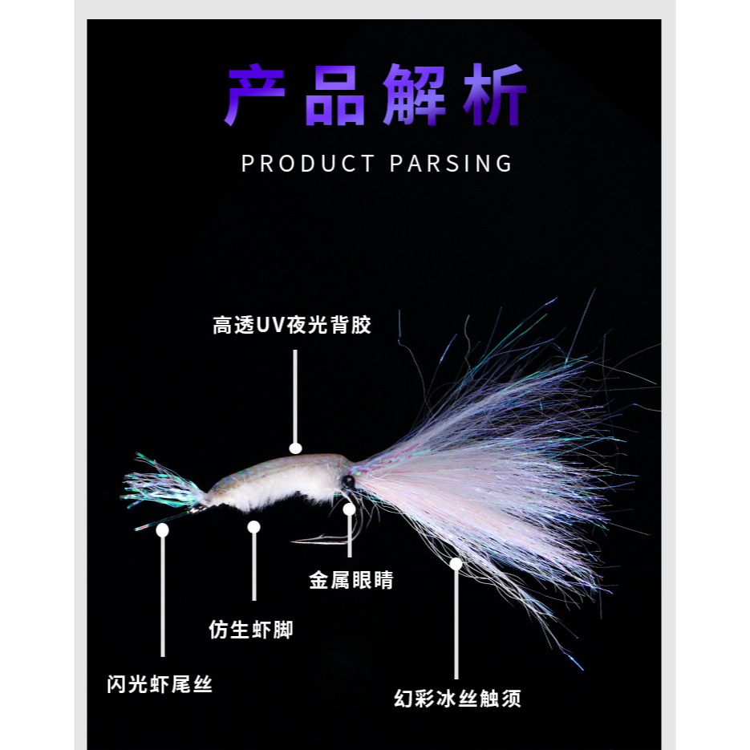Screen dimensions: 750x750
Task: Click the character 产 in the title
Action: tap(255, 95)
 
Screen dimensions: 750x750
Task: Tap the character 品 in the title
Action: tap(334, 95)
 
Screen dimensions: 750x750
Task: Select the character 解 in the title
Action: tap(414, 95)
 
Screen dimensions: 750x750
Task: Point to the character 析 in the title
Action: tap(495, 95)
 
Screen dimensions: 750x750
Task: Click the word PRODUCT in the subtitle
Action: tap(308, 164)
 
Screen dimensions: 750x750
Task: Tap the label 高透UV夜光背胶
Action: tap(293, 325)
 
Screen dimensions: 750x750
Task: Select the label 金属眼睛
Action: tap(351, 579)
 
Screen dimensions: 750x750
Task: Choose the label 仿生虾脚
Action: tap(250, 629)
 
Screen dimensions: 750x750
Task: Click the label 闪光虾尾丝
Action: tap(160, 684)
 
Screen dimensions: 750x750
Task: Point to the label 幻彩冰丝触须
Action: tap(458, 698)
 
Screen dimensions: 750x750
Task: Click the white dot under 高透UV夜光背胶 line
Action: tap(295, 448)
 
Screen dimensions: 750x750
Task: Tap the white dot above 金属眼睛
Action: tap(349, 509)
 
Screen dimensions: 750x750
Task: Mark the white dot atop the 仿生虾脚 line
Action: tap(253, 527)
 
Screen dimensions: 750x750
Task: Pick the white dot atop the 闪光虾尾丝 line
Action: tap(163, 529)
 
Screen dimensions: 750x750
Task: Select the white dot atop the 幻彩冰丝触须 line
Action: tap(456, 564)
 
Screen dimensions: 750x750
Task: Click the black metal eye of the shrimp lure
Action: tap(348, 481)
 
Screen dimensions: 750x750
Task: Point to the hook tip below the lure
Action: tap(295, 541)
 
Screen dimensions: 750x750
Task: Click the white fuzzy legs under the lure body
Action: tap(265, 499)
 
